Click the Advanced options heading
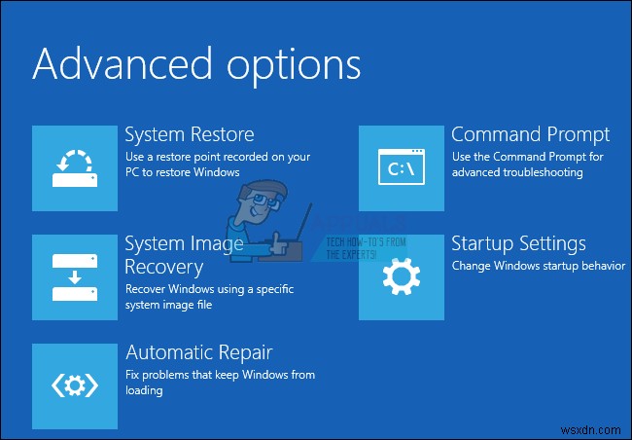coord(196,64)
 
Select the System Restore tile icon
coord(74,167)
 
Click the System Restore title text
coord(190,134)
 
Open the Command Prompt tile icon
coord(401,167)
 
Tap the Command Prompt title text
coord(530,134)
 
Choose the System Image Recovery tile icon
coord(74,276)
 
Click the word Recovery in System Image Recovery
coord(164,266)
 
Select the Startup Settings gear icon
coord(401,276)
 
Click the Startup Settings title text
coord(518,243)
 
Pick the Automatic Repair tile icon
coord(74,385)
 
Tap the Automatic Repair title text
coord(198,351)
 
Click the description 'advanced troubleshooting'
coord(516,172)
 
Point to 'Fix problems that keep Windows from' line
coord(220,375)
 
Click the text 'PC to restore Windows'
coord(182,172)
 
